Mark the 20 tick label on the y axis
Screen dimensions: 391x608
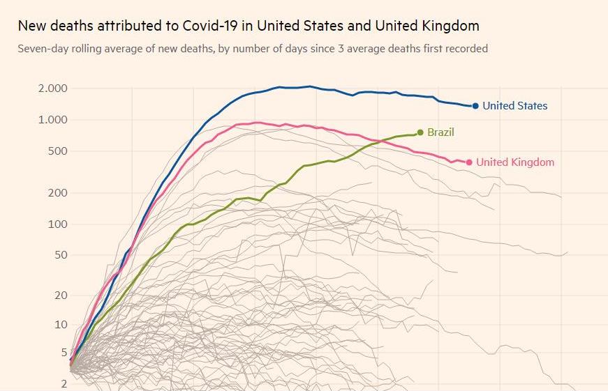coord(60,296)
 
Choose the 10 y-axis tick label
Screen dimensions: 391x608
coord(60,325)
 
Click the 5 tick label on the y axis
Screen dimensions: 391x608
coord(63,353)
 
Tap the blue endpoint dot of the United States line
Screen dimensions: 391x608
coord(475,106)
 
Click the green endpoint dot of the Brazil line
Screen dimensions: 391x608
coord(420,132)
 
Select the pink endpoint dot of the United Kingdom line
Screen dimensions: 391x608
coord(469,162)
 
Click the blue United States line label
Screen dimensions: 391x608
coord(515,106)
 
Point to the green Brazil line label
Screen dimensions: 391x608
coord(441,132)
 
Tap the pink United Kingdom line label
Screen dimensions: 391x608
coord(515,162)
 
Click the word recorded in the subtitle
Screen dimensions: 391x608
coord(466,49)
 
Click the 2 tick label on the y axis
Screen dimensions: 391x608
coord(63,384)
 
